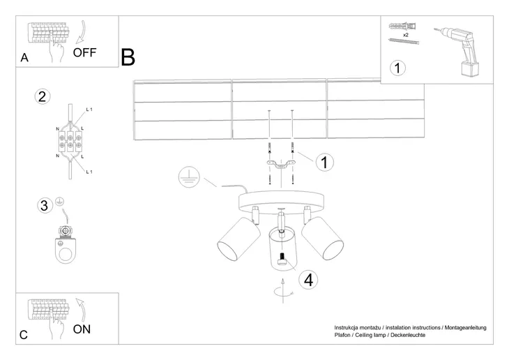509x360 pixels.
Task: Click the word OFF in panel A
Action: pyautogui.click(x=84, y=52)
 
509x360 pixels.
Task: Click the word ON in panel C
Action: pyautogui.click(x=82, y=329)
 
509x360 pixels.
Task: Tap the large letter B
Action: pyautogui.click(x=128, y=57)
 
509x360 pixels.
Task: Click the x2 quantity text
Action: pyautogui.click(x=405, y=35)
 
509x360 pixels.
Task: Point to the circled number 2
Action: pyautogui.click(x=43, y=97)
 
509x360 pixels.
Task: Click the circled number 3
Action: pyautogui.click(x=44, y=205)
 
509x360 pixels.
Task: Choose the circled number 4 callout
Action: pyautogui.click(x=308, y=280)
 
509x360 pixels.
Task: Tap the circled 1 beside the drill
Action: pyautogui.click(x=397, y=68)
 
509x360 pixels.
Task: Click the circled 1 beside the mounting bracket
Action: pyautogui.click(x=325, y=162)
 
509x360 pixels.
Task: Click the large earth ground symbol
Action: pyautogui.click(x=189, y=177)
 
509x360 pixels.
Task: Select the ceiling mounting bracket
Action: pyautogui.click(x=282, y=165)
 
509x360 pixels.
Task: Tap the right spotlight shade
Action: pyautogui.click(x=322, y=239)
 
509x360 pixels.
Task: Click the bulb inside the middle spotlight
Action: pyautogui.click(x=282, y=260)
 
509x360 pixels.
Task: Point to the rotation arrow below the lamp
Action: pyautogui.click(x=283, y=291)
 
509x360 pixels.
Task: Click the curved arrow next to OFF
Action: pyautogui.click(x=81, y=32)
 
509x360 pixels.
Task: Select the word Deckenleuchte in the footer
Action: pyautogui.click(x=408, y=335)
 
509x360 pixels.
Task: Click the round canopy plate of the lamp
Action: pyautogui.click(x=282, y=202)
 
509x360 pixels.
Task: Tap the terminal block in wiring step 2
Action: pyautogui.click(x=70, y=141)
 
